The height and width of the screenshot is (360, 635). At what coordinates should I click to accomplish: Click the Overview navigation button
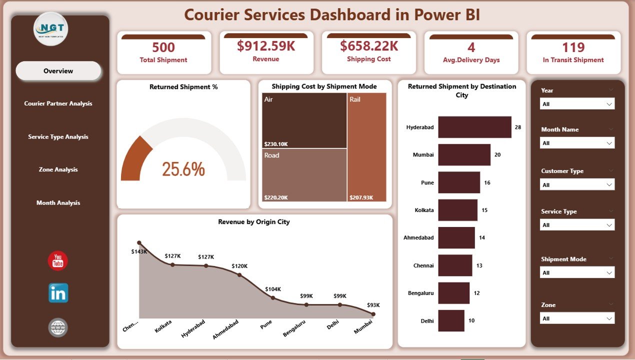[x=58, y=71]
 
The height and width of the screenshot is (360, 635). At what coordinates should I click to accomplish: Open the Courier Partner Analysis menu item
[x=58, y=103]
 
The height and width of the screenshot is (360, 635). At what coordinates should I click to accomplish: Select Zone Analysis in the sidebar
[x=58, y=169]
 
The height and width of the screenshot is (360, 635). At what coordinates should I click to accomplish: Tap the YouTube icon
[x=58, y=261]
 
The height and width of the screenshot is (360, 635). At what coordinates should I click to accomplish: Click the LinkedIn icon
[x=58, y=293]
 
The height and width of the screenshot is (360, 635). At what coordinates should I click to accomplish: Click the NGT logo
[x=51, y=29]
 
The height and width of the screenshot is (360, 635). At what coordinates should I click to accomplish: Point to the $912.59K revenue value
[x=266, y=46]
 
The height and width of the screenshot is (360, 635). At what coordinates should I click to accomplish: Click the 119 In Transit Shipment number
[x=573, y=47]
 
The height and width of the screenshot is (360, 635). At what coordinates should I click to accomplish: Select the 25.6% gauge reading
[x=183, y=169]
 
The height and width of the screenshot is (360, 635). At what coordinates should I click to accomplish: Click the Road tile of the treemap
[x=304, y=174]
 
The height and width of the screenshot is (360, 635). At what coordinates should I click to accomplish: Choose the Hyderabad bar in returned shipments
[x=474, y=127]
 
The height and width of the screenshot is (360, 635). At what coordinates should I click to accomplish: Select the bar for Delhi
[x=451, y=320]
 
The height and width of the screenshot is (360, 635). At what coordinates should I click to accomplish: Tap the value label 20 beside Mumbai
[x=497, y=155]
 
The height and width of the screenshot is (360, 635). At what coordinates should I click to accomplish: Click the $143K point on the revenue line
[x=139, y=243]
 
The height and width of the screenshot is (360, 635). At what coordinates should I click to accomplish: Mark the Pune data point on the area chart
[x=273, y=297]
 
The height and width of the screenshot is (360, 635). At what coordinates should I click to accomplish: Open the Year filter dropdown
[x=577, y=104]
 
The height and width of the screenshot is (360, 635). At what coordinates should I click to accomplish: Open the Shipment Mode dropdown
[x=577, y=272]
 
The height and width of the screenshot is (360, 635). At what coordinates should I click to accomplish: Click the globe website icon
[x=58, y=327]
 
